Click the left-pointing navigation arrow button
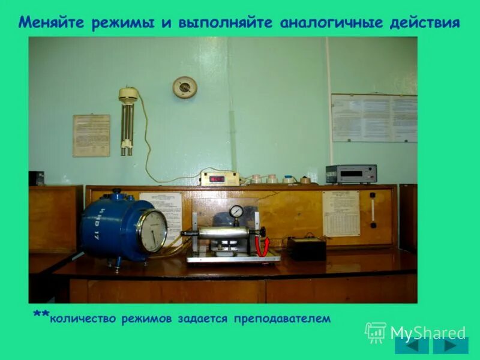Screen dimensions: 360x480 point(412,346)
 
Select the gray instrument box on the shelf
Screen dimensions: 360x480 point(351,174)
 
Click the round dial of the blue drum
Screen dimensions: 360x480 point(152,231)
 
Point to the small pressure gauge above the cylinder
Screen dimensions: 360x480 point(236,212)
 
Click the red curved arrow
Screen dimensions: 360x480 point(262,245)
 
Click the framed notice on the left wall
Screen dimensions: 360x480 point(91,136)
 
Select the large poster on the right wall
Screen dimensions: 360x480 point(374,118)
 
